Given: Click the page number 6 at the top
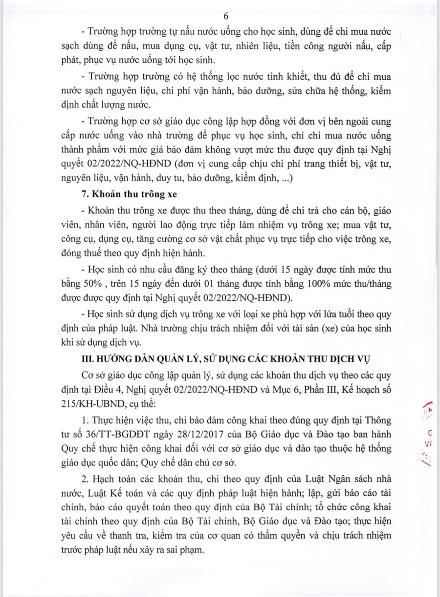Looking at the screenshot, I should tap(226, 16).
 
